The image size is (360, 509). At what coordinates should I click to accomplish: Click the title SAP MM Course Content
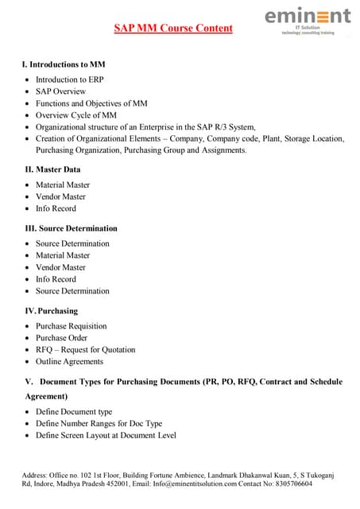tap(173, 29)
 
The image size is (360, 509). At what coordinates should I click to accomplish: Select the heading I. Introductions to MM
tap(63, 64)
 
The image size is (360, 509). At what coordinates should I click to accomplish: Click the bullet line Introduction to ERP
tap(70, 80)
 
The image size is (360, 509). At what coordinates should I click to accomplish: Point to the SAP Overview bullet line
tap(60, 91)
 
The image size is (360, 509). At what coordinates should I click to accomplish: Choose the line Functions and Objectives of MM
tap(91, 103)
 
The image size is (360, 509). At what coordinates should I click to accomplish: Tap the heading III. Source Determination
tap(72, 228)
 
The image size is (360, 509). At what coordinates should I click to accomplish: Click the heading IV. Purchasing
tap(51, 310)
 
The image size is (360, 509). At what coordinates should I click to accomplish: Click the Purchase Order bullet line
tap(62, 338)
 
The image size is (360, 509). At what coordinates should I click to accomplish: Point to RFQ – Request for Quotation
tap(86, 350)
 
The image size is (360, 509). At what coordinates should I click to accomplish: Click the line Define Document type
tap(74, 412)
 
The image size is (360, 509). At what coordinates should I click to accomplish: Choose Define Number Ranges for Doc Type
tap(99, 424)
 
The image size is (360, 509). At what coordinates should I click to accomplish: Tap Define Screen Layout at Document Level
tap(106, 435)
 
